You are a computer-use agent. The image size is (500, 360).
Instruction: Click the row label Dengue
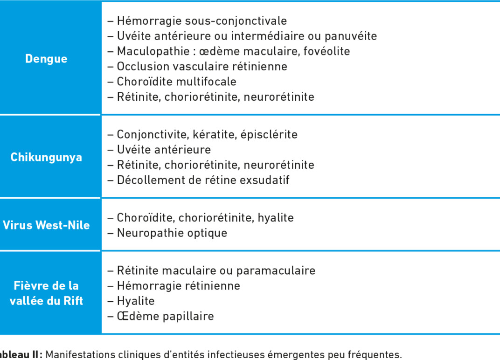(x=46, y=59)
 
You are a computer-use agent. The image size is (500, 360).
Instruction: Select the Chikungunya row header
(x=46, y=157)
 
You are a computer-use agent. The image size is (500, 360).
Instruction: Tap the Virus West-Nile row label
(x=46, y=225)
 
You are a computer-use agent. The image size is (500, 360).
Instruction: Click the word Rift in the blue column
(x=73, y=301)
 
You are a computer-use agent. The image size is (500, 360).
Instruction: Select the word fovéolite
(x=326, y=51)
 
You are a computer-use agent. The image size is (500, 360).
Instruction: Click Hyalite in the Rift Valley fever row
(x=135, y=301)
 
